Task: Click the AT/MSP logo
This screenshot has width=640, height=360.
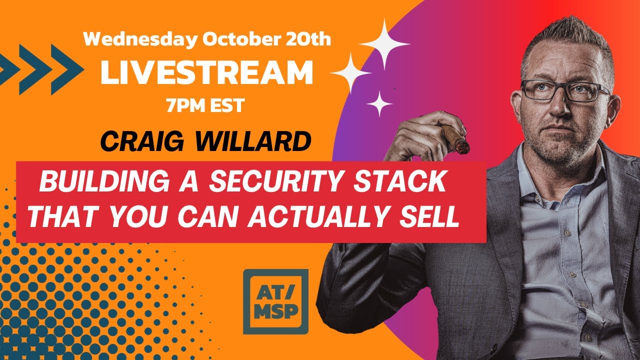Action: (275, 301)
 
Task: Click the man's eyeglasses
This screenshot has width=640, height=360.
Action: (565, 91)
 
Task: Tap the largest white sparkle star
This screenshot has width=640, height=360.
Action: (384, 44)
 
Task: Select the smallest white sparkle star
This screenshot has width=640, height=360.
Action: (379, 104)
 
